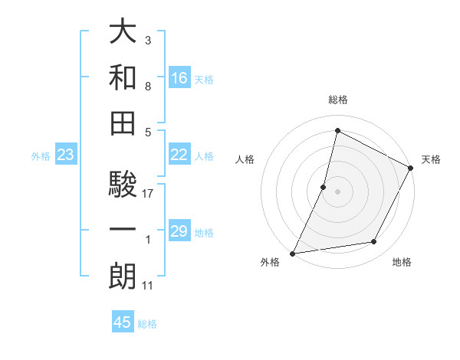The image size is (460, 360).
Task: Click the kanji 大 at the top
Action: (x=123, y=32)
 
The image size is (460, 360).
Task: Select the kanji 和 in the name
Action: (x=123, y=78)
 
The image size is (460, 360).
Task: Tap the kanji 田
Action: (x=123, y=123)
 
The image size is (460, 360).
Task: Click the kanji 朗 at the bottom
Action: (x=123, y=277)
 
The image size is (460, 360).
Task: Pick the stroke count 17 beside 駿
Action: (x=148, y=194)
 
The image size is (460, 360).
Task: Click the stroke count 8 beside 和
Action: (x=147, y=87)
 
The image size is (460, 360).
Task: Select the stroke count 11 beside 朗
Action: (x=147, y=286)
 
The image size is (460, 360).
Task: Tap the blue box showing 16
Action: (x=179, y=78)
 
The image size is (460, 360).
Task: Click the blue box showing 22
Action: (x=179, y=155)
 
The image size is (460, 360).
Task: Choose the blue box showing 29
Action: (x=179, y=231)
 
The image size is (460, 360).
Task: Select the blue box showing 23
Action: (x=66, y=155)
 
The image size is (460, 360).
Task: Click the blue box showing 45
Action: (x=123, y=322)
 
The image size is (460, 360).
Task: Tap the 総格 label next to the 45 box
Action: (x=147, y=324)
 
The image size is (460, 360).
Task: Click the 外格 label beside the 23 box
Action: (x=41, y=156)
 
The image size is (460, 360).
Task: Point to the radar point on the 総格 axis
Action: (x=337, y=131)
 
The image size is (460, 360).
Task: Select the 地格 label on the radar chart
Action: (x=402, y=262)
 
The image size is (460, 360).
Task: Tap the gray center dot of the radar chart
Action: (x=337, y=191)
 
